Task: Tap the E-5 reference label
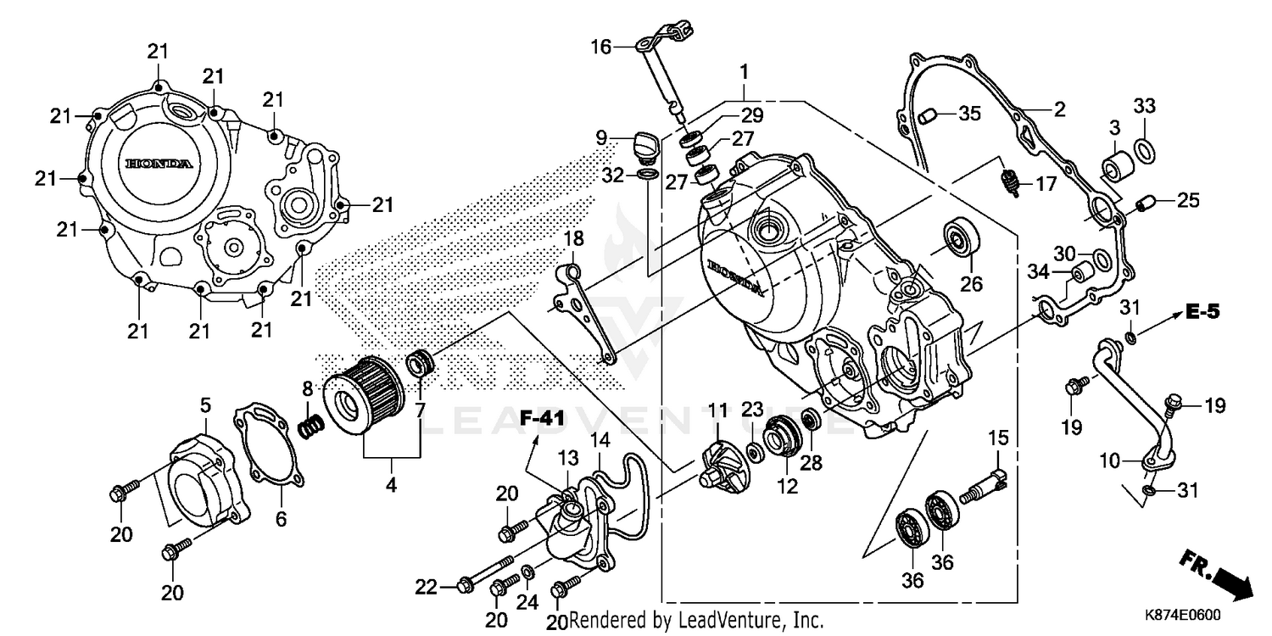1202,312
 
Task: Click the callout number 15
998,438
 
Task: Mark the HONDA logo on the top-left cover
159,164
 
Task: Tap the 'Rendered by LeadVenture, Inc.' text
696,621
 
